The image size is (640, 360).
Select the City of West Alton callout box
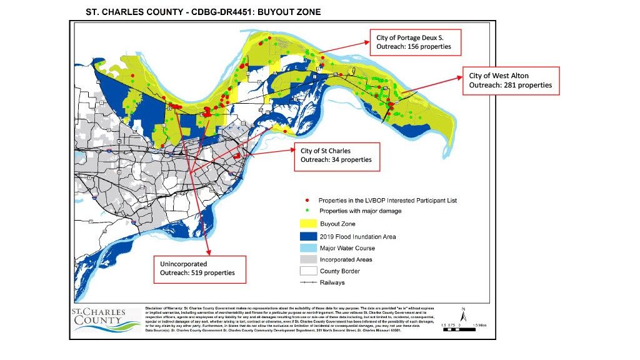[x=510, y=81]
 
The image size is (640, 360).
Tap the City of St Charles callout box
[x=337, y=156]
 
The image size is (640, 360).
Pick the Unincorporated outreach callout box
[x=200, y=268]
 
